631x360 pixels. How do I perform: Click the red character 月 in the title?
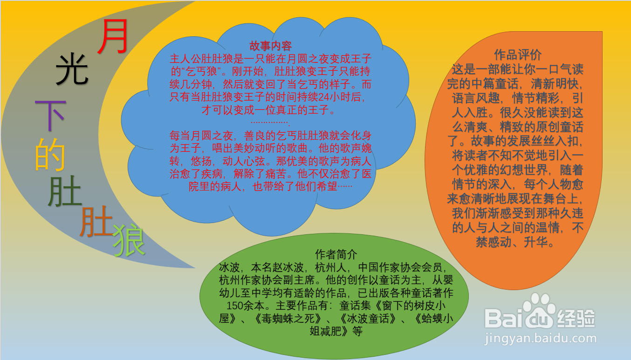point(113,37)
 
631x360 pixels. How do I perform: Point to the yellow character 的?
point(50,154)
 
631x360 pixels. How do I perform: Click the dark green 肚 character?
point(65,191)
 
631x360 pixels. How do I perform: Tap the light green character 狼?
point(129,241)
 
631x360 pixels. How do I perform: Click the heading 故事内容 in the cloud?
point(271,46)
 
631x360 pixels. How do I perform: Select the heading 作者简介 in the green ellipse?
point(336,255)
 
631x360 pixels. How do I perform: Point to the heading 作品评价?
point(518,54)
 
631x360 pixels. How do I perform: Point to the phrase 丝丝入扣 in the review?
point(559,140)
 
